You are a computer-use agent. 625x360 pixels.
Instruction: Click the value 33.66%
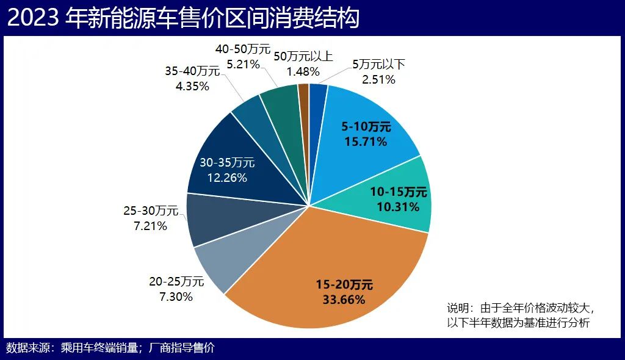click(x=344, y=300)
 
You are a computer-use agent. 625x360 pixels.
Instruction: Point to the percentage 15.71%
click(x=364, y=142)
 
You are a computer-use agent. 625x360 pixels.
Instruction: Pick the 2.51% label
click(x=378, y=79)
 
